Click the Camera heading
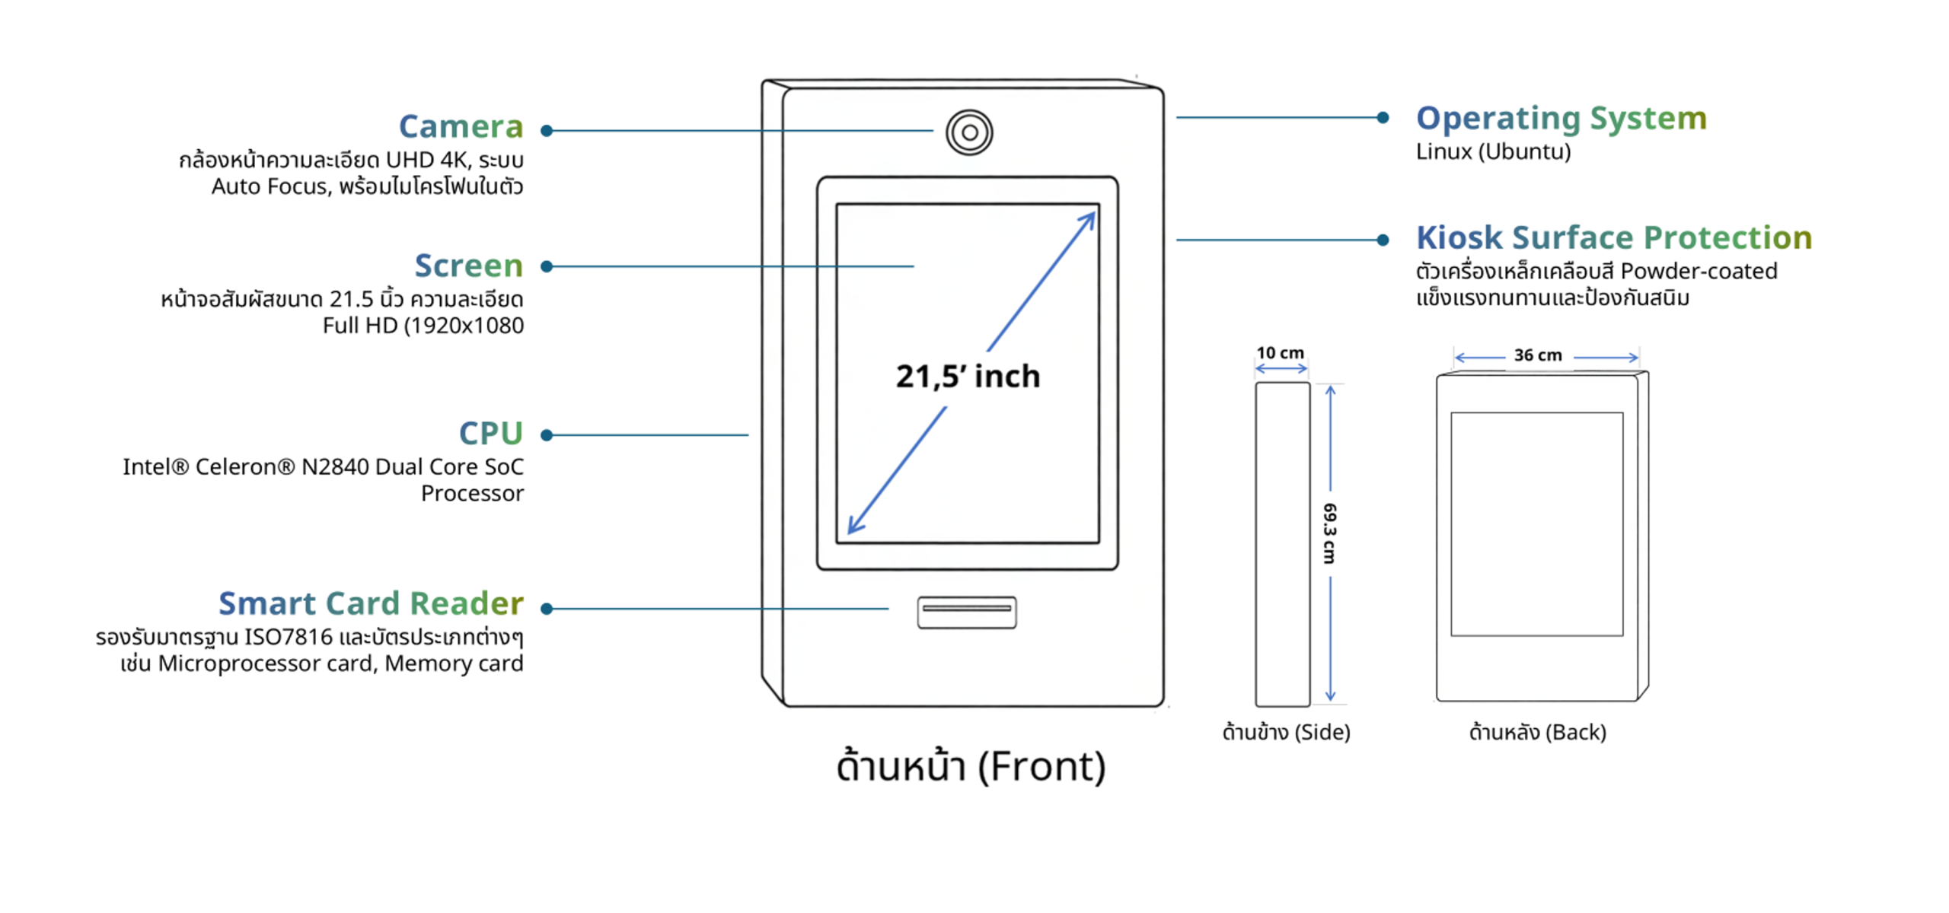(x=460, y=126)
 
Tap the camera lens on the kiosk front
(x=968, y=132)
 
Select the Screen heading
(x=468, y=266)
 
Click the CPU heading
(x=490, y=434)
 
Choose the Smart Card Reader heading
(x=371, y=603)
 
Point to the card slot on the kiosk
(x=966, y=612)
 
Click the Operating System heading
(x=1561, y=119)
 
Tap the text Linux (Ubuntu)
(x=1493, y=151)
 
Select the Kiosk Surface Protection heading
(x=1613, y=237)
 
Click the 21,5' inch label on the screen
(x=968, y=376)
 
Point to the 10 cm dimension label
(x=1280, y=353)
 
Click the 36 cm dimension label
(x=1537, y=355)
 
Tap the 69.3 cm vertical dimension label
(x=1329, y=533)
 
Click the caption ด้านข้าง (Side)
(x=1286, y=732)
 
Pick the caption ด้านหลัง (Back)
(x=1537, y=732)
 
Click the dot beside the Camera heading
(x=546, y=131)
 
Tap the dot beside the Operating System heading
(x=1383, y=117)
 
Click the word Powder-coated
(x=1699, y=271)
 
